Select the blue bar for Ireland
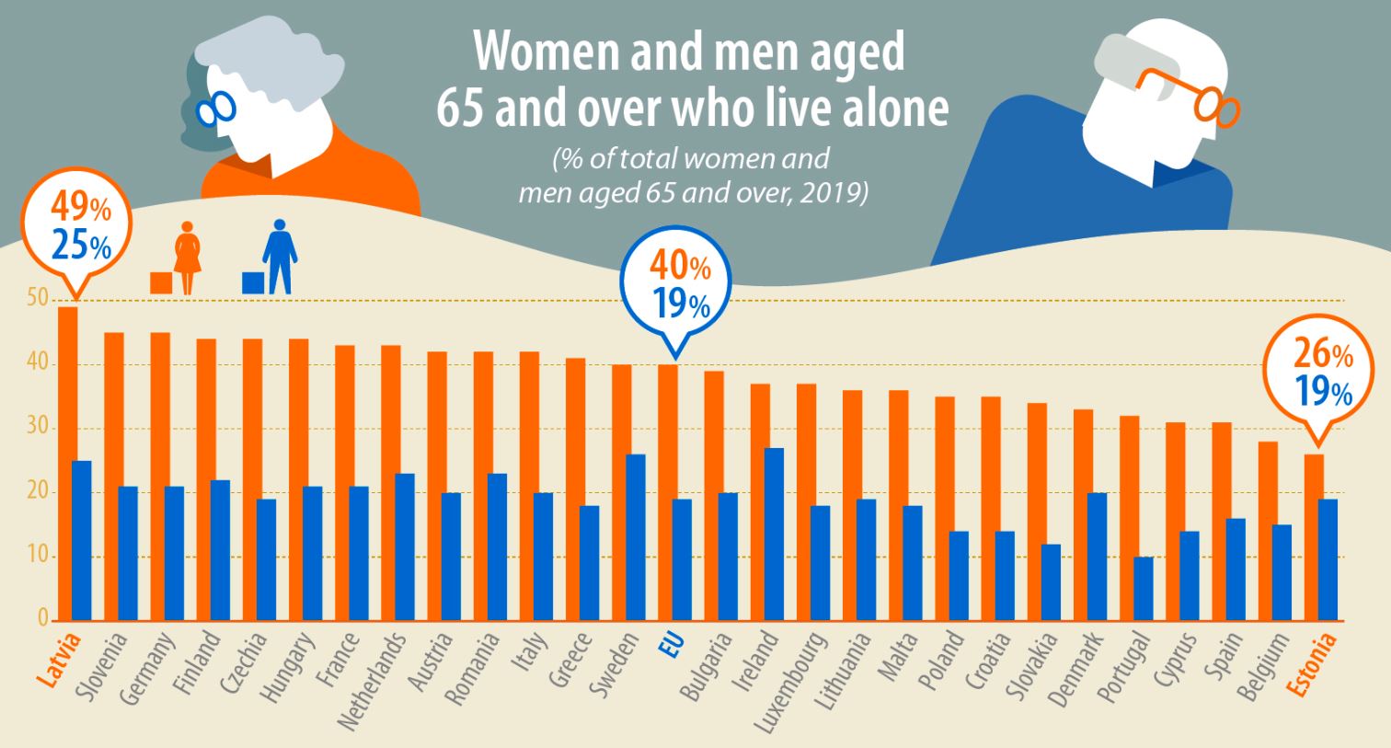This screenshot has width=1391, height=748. point(775,534)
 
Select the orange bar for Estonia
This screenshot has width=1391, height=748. point(1315,537)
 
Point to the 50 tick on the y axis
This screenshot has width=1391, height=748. point(38,300)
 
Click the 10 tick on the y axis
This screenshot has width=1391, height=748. point(38,557)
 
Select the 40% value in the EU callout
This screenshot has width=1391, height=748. point(680,267)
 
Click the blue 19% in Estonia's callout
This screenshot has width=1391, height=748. point(1323,392)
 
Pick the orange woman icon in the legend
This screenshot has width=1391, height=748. point(187,258)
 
